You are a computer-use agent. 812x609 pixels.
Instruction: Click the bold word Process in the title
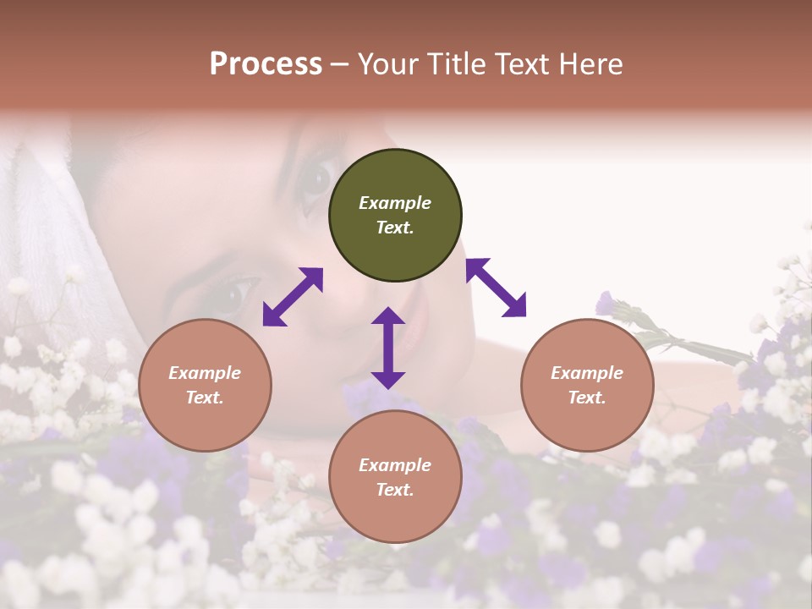[266, 64]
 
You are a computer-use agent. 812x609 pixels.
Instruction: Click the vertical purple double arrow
[388, 348]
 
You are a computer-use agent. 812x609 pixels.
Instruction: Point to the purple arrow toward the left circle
[293, 297]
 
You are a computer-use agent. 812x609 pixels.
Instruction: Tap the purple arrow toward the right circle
[496, 288]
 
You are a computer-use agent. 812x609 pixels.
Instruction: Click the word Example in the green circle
[395, 203]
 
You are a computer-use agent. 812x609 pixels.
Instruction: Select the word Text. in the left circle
[205, 398]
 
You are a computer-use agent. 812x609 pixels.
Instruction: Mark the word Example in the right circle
[587, 373]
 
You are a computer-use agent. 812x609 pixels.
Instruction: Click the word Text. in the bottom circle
[395, 490]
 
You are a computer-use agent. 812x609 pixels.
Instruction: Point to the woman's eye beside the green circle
[315, 178]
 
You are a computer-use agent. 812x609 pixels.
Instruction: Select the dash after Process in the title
[340, 64]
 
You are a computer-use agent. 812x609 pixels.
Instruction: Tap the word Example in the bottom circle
[395, 465]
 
